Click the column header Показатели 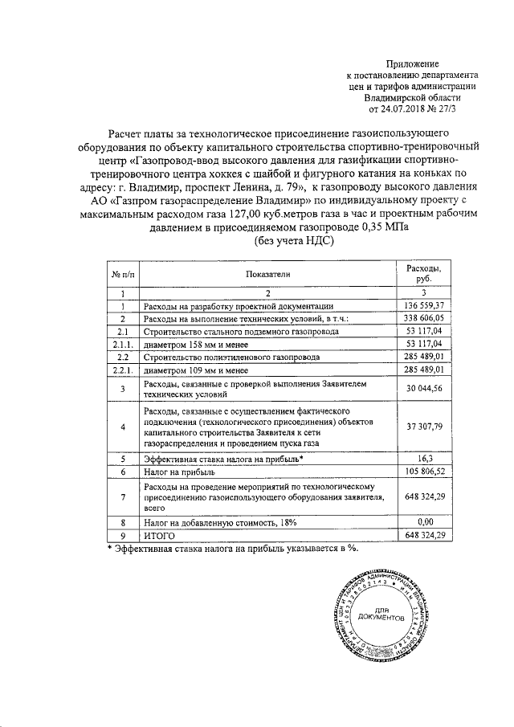[x=267, y=274]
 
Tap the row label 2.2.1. [x=123, y=368]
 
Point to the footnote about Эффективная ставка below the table [x=233, y=548]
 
